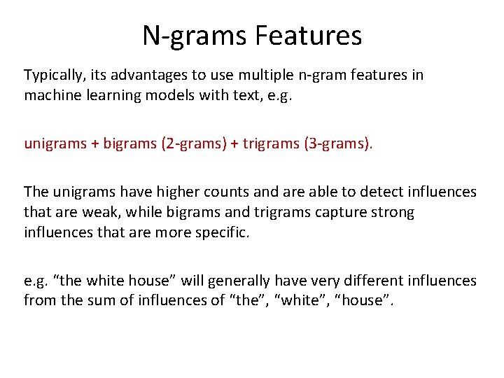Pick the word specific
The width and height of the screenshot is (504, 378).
pos(223,232)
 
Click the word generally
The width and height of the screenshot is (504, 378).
pos(236,281)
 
